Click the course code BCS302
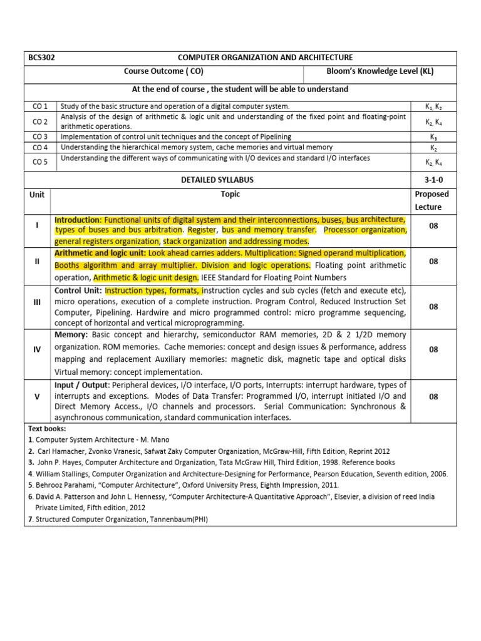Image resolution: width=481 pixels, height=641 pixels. [42, 58]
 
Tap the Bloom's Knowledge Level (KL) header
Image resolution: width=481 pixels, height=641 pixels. [380, 71]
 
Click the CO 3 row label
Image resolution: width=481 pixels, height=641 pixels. [40, 136]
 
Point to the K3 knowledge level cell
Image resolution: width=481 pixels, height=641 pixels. [433, 136]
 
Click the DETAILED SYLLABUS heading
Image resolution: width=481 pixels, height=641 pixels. [217, 180]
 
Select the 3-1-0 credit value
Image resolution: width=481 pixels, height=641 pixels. [433, 180]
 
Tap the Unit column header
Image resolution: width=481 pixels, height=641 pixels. [38, 195]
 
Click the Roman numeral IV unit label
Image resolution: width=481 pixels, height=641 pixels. [38, 349]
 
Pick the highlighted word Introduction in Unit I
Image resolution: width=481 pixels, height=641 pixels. [78, 220]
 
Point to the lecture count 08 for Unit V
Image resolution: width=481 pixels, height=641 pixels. [433, 396]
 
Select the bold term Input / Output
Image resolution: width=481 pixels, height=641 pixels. [82, 384]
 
